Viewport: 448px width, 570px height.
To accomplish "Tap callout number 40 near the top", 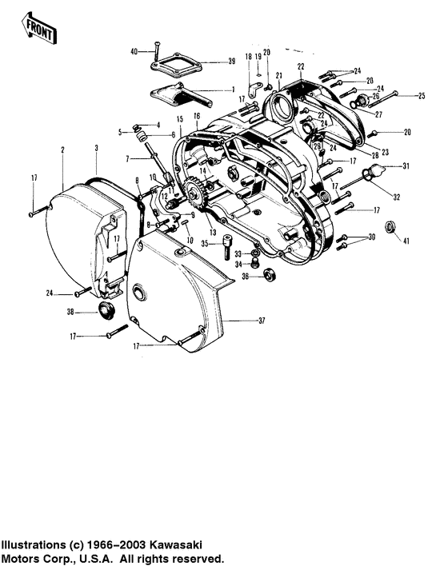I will [x=134, y=52].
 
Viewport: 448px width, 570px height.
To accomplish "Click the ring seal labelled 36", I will [x=269, y=276].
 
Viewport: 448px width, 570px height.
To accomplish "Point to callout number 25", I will [x=422, y=96].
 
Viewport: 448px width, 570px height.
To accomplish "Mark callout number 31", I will [x=406, y=166].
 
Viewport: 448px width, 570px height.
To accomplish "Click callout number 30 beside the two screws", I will [x=370, y=238].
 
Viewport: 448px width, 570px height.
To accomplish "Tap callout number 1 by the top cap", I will [x=232, y=89].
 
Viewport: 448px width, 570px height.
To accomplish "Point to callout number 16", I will [x=196, y=117].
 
